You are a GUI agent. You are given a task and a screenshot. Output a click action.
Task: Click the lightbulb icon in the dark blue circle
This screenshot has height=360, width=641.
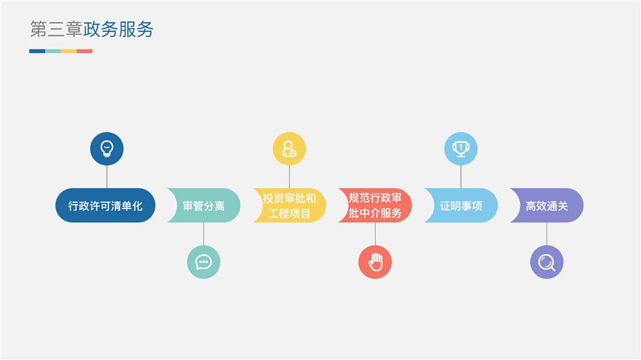coord(107,149)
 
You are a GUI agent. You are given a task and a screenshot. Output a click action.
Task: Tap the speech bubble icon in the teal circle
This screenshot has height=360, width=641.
coord(203,262)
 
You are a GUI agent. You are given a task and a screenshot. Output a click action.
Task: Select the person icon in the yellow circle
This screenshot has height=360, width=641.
coord(289,149)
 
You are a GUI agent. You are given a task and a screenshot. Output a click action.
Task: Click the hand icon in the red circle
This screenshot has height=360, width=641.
coord(375,262)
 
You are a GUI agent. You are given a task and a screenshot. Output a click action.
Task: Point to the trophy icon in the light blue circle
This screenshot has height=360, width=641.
coord(461,149)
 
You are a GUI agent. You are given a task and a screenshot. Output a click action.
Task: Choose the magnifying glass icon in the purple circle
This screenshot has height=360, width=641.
coord(546,262)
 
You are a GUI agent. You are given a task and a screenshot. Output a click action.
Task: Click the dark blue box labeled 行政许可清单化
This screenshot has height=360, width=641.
coord(105,205)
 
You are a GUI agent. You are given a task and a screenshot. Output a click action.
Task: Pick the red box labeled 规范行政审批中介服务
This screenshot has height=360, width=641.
coord(376,205)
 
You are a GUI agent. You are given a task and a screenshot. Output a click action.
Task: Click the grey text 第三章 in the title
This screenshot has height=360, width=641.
coord(56,29)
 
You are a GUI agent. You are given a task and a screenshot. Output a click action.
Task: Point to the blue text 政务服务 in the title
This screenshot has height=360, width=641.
coord(118,29)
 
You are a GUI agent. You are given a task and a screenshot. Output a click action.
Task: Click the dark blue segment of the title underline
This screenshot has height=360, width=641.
coord(37,51)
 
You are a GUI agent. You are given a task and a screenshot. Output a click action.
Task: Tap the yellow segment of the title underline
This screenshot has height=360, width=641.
coord(69,51)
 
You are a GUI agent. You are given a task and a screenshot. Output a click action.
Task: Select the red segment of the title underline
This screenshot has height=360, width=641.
coord(85,51)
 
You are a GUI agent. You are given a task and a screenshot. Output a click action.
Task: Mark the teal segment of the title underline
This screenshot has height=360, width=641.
coord(53,51)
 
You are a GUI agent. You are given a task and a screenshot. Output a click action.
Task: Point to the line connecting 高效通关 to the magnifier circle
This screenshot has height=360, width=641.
coord(546,234)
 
